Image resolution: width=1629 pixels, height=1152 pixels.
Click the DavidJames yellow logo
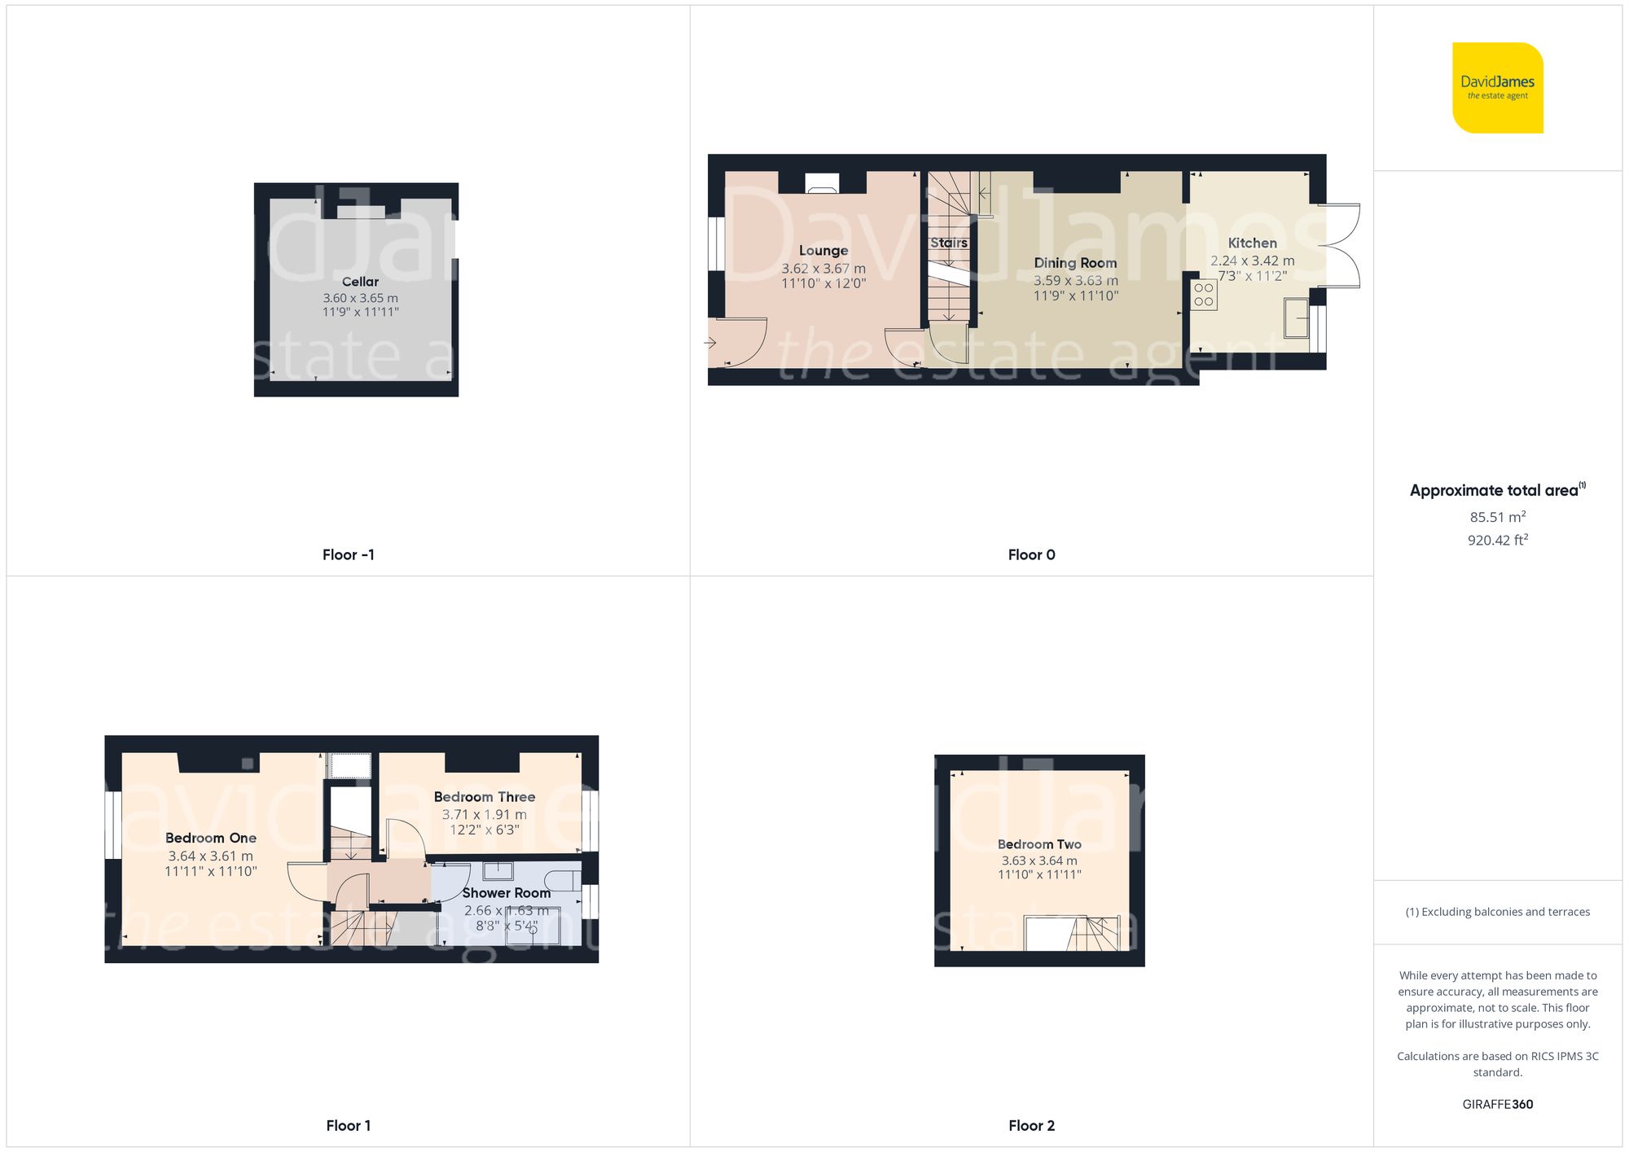point(1497,88)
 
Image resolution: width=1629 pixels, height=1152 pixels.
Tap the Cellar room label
point(360,282)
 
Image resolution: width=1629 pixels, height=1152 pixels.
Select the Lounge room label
point(823,251)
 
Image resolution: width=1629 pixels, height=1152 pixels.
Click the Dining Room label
point(1075,263)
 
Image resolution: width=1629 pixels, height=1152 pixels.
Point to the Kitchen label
point(1252,243)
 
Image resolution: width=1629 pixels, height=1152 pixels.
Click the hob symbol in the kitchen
point(1204,296)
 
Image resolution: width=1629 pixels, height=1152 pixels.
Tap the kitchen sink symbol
point(1296,318)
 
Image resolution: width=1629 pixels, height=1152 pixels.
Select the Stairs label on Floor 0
point(949,243)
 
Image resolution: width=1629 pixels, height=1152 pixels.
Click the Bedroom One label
point(210,838)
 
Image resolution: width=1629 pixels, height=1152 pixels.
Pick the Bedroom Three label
point(484,797)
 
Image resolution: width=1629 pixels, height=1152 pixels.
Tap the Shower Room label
point(506,893)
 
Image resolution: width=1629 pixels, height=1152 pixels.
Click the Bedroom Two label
point(1039,844)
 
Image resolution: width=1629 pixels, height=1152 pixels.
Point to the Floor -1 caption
point(348,554)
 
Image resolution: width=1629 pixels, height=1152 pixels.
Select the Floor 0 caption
point(1031,554)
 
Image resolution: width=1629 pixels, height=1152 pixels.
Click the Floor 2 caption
point(1031,1126)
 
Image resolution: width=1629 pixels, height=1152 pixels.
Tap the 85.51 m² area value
point(1497,517)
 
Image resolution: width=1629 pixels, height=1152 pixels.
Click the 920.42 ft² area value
point(1497,540)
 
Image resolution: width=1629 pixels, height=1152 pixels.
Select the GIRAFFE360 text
point(1497,1105)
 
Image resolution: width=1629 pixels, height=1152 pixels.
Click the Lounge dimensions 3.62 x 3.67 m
point(823,269)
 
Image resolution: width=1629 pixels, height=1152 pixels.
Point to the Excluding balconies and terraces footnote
point(1497,912)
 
